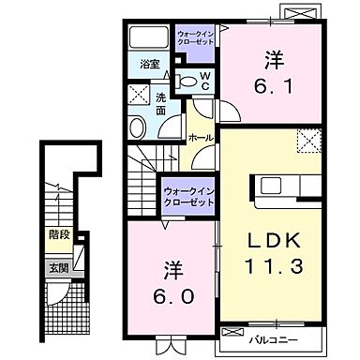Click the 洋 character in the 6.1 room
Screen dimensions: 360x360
pos(273,57)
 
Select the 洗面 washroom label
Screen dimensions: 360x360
pos(161,103)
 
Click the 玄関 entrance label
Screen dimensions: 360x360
pos(58,267)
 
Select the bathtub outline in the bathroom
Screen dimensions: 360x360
pos(147,38)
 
